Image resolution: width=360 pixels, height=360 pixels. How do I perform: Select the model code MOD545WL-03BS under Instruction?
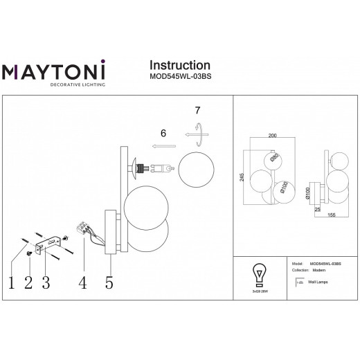click(177, 78)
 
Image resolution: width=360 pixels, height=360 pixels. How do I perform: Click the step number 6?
click(163, 134)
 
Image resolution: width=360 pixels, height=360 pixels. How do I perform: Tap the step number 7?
click(197, 110)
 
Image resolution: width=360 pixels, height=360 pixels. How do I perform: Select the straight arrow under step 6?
click(164, 147)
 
